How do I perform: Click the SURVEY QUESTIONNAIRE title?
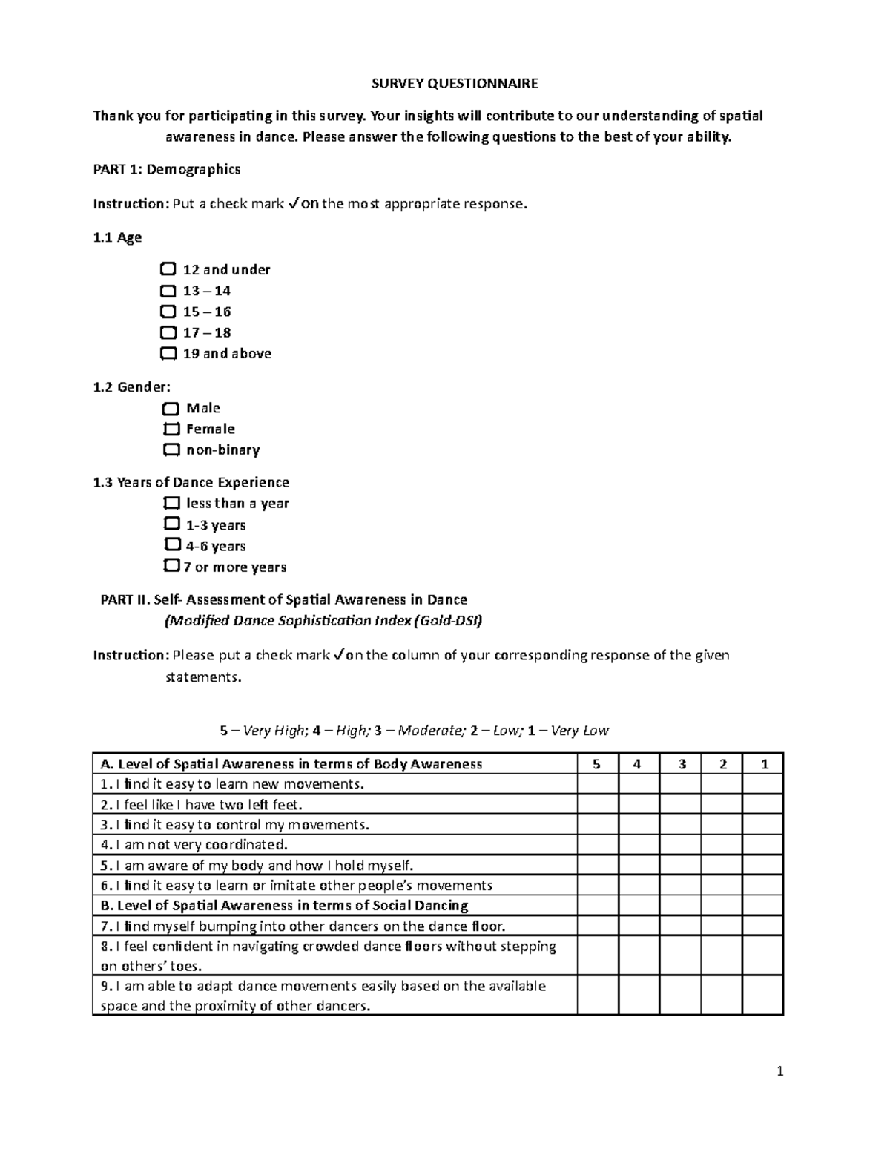coord(455,83)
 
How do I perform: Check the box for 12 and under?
coord(168,269)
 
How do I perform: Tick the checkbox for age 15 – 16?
coord(168,311)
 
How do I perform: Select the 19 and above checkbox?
coord(168,353)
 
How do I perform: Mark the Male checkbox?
coord(171,409)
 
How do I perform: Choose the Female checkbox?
coord(171,429)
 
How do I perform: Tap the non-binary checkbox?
coord(171,450)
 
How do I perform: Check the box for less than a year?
coord(171,503)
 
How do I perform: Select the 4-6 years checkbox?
coord(171,545)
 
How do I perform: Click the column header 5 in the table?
coord(597,764)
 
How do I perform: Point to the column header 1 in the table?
coord(764,764)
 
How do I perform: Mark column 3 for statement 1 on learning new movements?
coord(680,784)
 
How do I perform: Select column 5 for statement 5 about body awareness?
coord(597,865)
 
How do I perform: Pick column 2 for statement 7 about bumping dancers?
coord(722,926)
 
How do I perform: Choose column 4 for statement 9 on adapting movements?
coord(639,995)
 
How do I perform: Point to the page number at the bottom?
coord(779,1071)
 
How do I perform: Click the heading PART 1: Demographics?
coord(166,169)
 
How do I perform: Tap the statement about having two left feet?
coord(202,804)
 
